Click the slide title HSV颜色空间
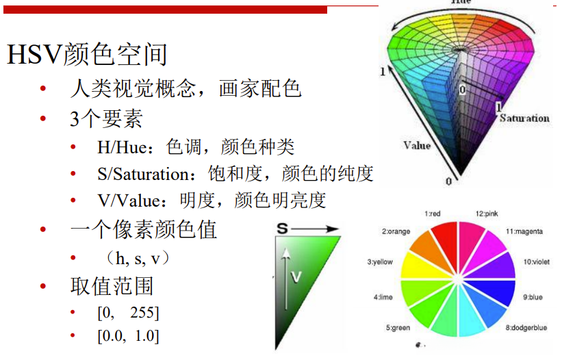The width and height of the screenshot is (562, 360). point(87,55)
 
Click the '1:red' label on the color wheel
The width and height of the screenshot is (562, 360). point(432,214)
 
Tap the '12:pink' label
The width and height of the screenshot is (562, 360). point(487,214)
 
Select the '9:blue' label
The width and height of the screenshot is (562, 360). point(533,297)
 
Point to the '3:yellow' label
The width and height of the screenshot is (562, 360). point(380,262)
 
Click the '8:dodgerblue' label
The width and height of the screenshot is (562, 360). point(526,327)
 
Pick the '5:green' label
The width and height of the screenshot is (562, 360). point(398,327)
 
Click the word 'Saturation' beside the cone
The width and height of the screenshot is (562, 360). point(524,118)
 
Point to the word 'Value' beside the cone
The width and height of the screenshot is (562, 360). point(417,145)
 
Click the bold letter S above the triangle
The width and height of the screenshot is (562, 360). point(283,228)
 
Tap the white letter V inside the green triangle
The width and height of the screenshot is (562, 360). point(296,277)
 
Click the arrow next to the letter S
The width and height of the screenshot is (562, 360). point(314,229)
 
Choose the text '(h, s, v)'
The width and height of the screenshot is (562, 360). point(137,258)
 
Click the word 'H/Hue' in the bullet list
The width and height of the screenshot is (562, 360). point(123,147)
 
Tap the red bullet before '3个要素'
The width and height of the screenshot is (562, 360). point(43,118)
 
